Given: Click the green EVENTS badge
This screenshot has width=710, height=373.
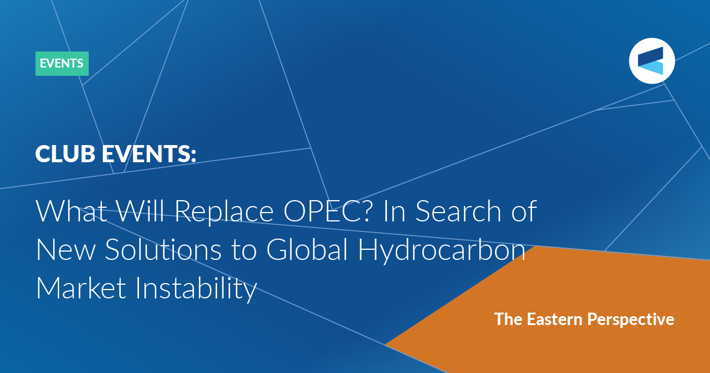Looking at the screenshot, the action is pos(62,63).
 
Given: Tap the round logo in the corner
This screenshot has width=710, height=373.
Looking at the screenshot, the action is pos(651,61).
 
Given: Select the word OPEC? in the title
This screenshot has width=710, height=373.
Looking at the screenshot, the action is pos(327,211).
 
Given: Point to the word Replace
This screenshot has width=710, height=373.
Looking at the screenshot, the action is pos(224,212).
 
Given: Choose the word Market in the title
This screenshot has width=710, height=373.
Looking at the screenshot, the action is pos(81,288).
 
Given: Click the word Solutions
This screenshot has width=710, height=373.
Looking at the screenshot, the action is pos(163,249).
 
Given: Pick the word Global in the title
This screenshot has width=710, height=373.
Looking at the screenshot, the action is pos(307,249).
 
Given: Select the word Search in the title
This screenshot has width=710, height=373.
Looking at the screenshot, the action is pos(458,211).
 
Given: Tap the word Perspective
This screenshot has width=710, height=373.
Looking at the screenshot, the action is pos(631,320).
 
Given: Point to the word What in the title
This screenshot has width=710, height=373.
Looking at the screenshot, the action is pos(72,211).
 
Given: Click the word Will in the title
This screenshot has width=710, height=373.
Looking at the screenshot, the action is pos(141,211).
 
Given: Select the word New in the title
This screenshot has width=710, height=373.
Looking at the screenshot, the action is pos(66,250).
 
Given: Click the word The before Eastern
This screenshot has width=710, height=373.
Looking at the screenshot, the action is pos(508,319).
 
